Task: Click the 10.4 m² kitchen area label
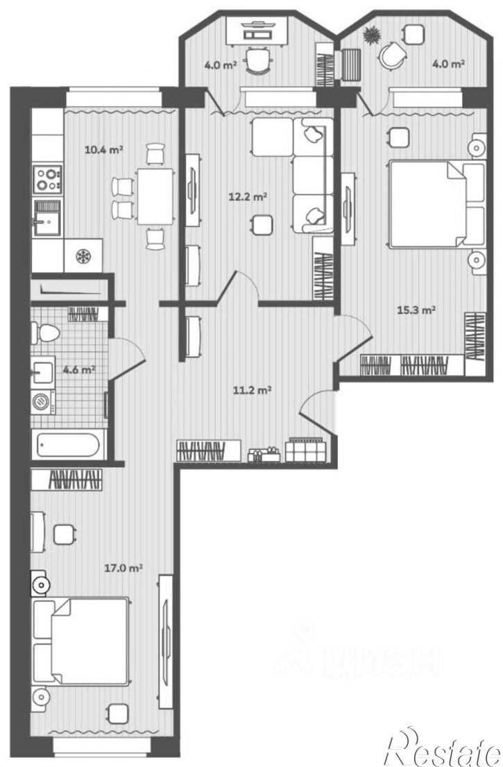(103, 149)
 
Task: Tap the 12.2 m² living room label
(248, 197)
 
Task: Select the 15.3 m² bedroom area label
(416, 310)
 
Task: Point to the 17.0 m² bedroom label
(123, 568)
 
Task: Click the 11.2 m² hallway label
(253, 390)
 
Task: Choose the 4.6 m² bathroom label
(78, 369)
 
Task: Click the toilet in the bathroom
(45, 334)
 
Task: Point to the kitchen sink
(47, 218)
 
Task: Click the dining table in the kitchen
(155, 196)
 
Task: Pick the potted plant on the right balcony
(372, 35)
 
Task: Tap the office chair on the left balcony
(257, 60)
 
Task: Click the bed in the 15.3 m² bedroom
(436, 204)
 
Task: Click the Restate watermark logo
(443, 748)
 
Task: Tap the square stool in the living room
(262, 226)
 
